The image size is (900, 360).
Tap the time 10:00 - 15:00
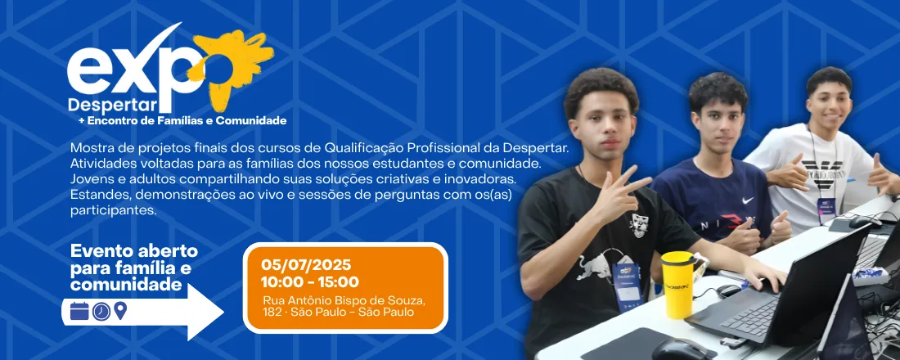(309, 282)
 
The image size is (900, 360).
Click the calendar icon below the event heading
(79, 311)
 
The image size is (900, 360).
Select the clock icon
(101, 311)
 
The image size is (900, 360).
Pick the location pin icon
(120, 311)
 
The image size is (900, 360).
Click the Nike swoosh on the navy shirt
(747, 200)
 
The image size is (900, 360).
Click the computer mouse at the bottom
(683, 350)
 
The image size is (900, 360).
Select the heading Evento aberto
(134, 251)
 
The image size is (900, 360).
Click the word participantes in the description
(112, 210)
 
